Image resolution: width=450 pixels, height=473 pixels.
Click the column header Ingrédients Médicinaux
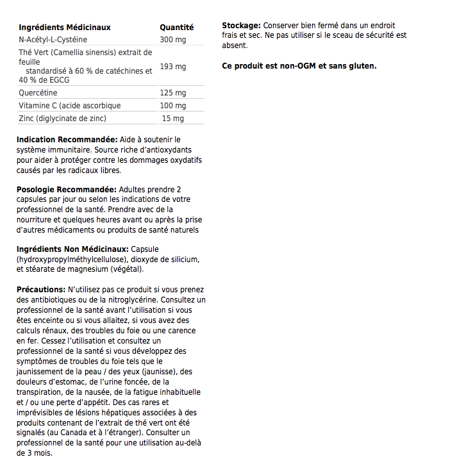point(65,28)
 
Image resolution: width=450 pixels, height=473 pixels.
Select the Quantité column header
point(176,28)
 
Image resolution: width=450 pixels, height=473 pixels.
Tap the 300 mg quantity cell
point(172,40)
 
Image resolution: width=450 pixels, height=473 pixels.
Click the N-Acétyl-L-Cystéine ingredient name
point(55,40)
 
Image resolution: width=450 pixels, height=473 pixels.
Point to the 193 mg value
point(172,67)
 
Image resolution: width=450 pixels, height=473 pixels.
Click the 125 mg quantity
point(172,93)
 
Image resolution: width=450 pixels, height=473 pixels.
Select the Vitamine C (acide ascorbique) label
point(69,106)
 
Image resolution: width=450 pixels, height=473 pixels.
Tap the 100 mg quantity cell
point(172,106)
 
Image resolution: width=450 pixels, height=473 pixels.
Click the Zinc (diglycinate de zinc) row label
point(62,119)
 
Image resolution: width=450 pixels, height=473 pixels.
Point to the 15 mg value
point(172,119)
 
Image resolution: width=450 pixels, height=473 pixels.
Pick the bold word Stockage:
point(241,25)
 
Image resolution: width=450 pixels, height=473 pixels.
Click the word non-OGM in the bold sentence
point(292,66)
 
